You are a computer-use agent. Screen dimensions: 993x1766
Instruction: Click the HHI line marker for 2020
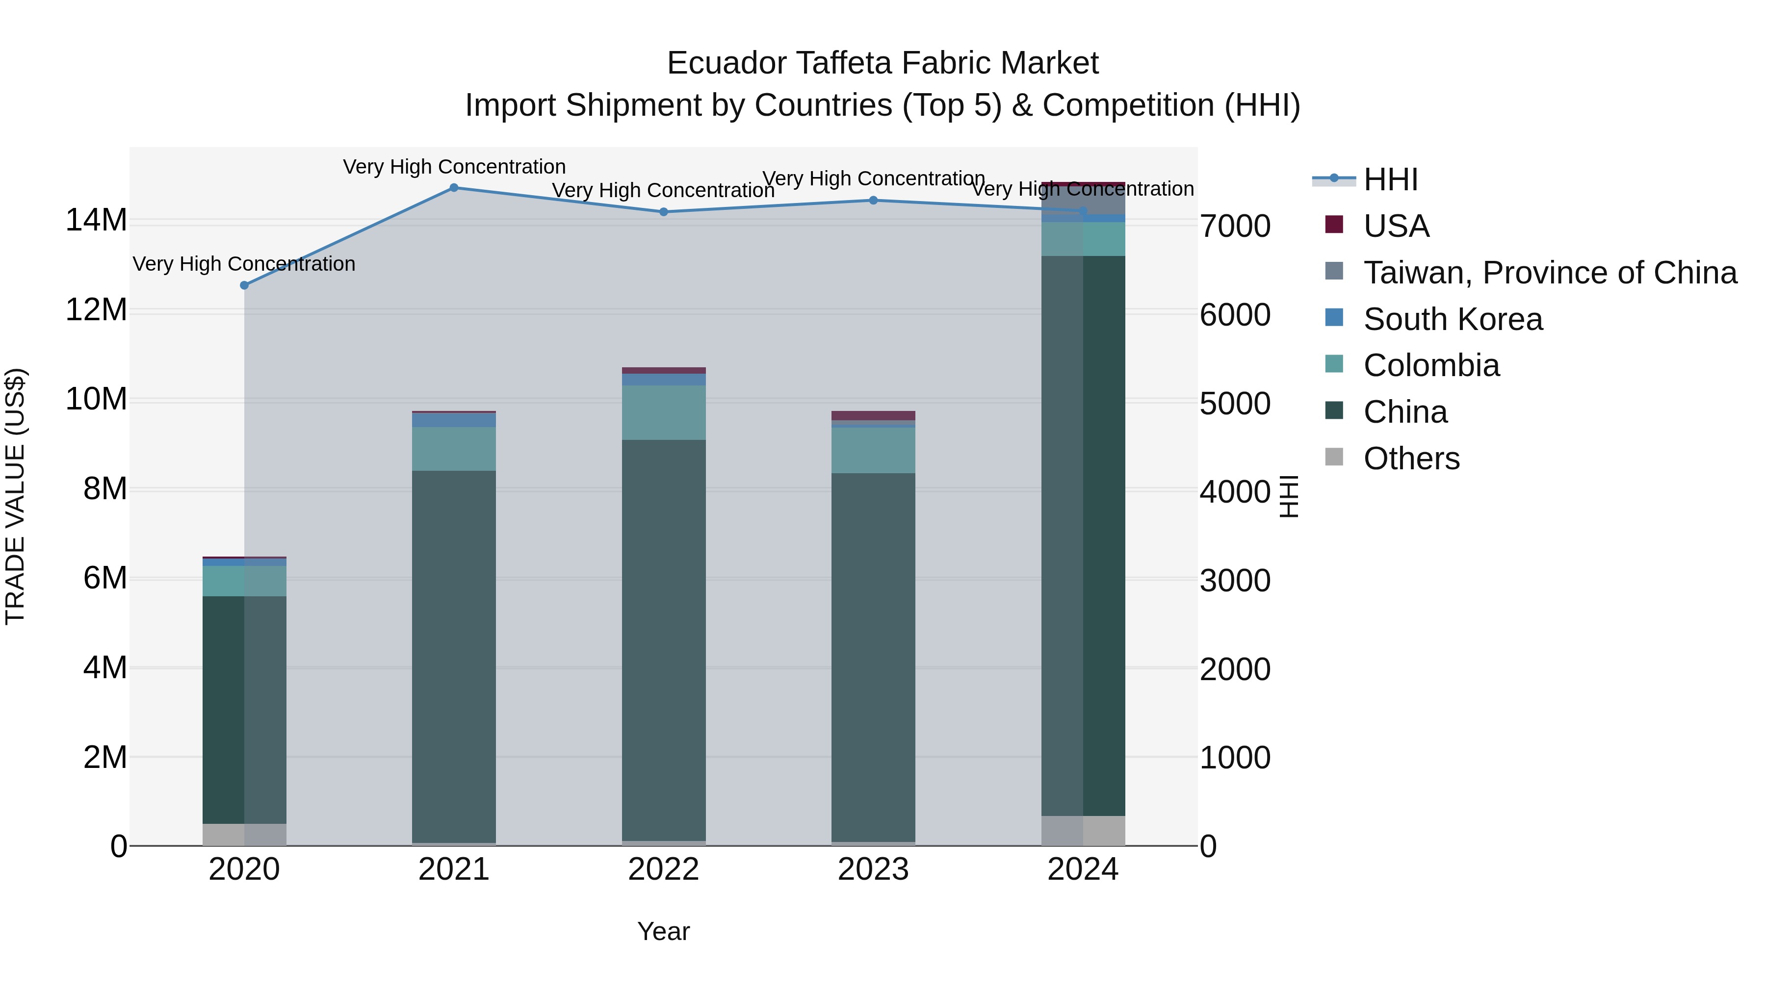(244, 285)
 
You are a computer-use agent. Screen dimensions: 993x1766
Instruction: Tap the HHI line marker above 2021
(454, 188)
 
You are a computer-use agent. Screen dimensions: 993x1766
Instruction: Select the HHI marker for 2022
(664, 212)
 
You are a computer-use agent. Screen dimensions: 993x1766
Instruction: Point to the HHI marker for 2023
(873, 201)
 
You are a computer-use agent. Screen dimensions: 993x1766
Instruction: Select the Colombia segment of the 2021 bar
(454, 449)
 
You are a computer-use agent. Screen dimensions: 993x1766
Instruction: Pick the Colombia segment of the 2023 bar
(873, 450)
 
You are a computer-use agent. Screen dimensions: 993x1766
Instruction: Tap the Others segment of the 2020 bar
(244, 834)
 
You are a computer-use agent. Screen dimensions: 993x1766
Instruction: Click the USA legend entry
(1396, 226)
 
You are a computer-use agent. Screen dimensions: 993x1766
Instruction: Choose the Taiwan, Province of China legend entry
(1549, 273)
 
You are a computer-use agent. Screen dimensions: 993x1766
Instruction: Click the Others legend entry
(1411, 458)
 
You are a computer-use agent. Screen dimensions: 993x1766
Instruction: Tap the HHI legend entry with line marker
(1390, 179)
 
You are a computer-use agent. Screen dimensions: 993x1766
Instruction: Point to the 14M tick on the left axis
(96, 221)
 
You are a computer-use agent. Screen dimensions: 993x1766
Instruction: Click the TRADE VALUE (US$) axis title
(15, 496)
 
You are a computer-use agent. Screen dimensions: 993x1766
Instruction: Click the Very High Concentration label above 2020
(244, 264)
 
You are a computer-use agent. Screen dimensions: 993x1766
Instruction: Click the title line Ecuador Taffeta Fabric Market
(883, 63)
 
